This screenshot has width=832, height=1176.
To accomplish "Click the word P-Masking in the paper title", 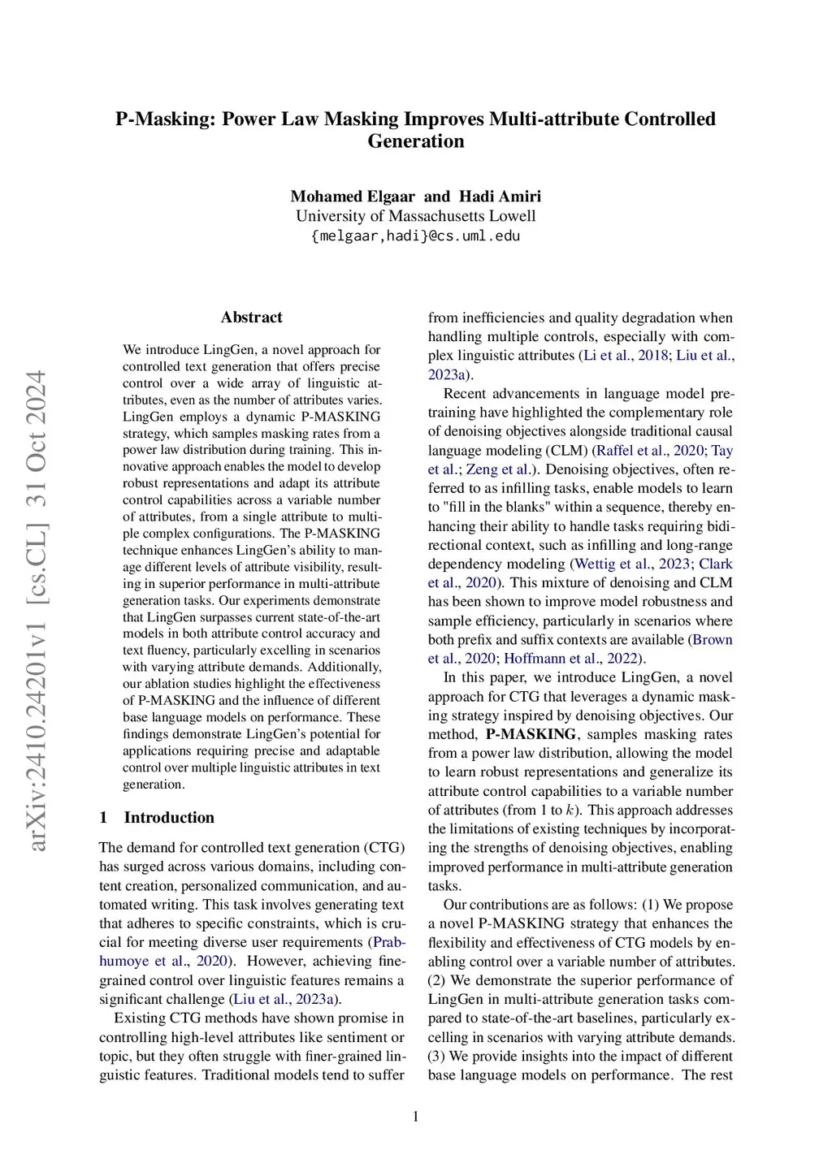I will [x=165, y=119].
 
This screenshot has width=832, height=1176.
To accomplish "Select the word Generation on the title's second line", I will [x=415, y=141].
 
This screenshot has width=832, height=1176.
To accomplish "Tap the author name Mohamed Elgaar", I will [x=353, y=197].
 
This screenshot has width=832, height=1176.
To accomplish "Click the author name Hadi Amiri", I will [x=500, y=197].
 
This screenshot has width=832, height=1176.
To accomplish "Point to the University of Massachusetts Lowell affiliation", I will [x=415, y=216].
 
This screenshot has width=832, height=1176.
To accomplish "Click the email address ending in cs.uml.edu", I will [x=415, y=236].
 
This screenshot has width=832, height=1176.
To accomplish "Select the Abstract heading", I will [x=252, y=318].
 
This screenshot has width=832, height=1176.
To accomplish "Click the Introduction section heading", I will [x=169, y=818].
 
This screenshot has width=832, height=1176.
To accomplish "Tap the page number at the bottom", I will [x=416, y=1117].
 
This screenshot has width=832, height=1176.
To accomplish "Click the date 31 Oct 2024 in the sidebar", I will [x=37, y=438].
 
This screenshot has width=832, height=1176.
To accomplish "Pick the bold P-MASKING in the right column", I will [x=531, y=734].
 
